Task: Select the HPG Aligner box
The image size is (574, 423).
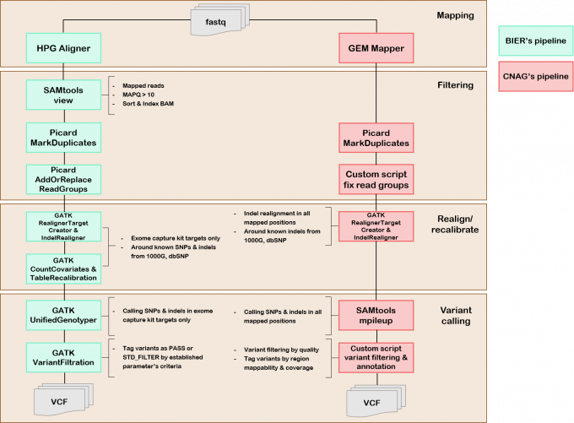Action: tap(63, 47)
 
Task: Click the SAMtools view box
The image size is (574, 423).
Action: tap(63, 95)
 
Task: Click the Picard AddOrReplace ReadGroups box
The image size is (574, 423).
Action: tap(63, 179)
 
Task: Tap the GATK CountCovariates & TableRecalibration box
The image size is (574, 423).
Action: tap(63, 268)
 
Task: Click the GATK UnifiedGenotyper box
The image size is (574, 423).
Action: tap(63, 314)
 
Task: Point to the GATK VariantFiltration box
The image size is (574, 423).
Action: tap(63, 356)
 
